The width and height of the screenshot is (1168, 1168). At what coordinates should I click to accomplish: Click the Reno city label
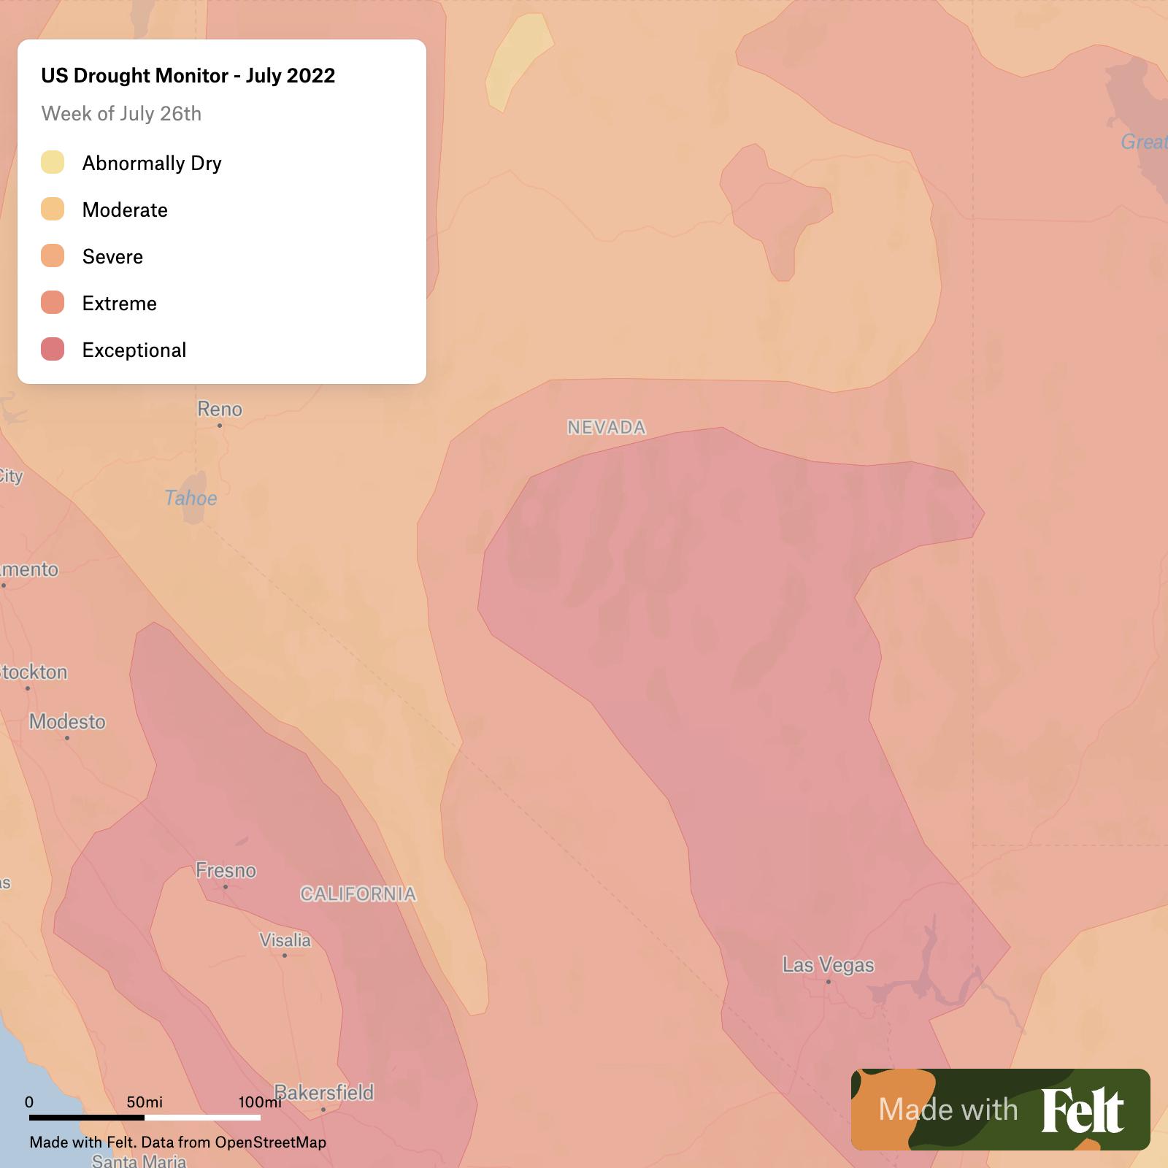pos(219,409)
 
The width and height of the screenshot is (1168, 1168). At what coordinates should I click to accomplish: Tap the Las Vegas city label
pos(828,965)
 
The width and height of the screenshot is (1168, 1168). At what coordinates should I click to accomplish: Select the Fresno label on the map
pos(226,870)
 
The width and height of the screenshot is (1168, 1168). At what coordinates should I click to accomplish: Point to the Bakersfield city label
pos(323,1092)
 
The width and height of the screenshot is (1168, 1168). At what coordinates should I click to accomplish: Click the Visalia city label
pos(285,940)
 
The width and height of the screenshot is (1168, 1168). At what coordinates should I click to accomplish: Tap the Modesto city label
pos(67,721)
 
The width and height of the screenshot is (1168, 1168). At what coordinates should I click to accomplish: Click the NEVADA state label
pos(607,427)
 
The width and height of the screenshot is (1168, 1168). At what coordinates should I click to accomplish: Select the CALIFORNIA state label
pos(358,894)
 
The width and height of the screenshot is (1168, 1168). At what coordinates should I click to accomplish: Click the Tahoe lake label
pos(191,498)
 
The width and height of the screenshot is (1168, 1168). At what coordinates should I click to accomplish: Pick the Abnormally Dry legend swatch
pos(53,162)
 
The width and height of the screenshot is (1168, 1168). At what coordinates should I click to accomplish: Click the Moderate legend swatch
pos(53,209)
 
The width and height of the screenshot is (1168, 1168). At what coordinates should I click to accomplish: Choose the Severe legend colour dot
pos(53,255)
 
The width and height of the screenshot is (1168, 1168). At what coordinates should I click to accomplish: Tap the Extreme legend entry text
pos(119,303)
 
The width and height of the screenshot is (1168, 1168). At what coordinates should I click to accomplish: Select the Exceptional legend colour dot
pos(53,349)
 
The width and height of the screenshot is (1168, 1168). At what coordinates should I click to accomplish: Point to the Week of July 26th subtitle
pos(121,113)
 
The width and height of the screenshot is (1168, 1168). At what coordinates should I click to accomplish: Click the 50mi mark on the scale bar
pos(145,1102)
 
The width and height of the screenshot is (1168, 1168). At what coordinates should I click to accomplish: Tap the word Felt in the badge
pos(1082,1110)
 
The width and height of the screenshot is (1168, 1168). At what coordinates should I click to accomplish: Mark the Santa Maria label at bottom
pos(139,1161)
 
